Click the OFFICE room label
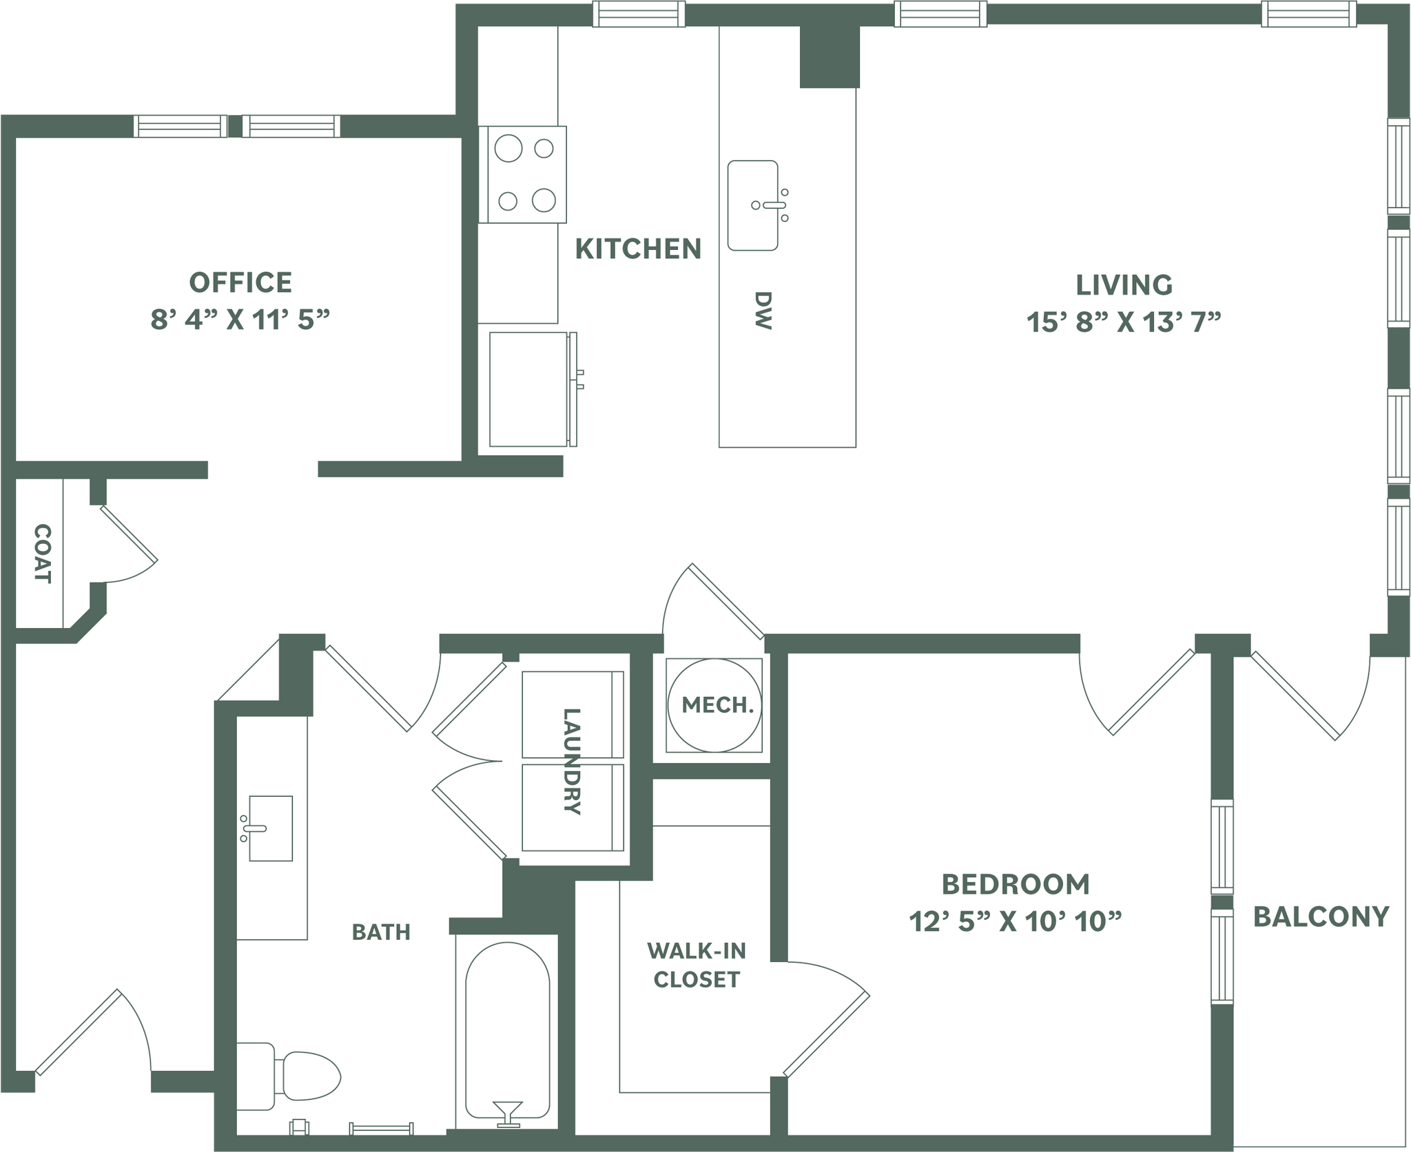click(x=240, y=282)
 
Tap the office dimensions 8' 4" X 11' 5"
click(x=240, y=320)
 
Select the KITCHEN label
click(x=638, y=249)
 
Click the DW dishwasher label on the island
click(x=763, y=311)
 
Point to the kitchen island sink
click(x=753, y=206)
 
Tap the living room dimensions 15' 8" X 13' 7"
click(x=1124, y=322)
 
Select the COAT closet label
click(x=43, y=554)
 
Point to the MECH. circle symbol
click(x=715, y=705)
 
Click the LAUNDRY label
click(x=572, y=761)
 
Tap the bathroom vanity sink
click(x=270, y=828)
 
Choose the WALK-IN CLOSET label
click(x=697, y=965)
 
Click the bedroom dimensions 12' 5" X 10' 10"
click(x=1016, y=921)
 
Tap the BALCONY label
click(x=1321, y=917)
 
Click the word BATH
click(x=381, y=932)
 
